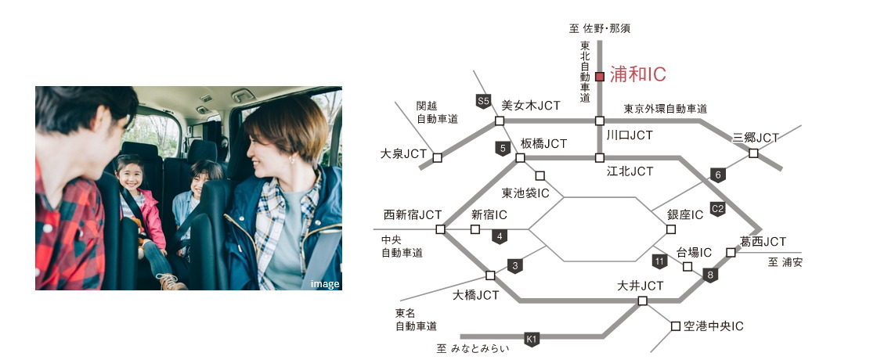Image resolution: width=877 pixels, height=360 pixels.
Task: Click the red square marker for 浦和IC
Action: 600,77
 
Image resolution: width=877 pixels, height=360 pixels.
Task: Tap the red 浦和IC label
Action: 637,75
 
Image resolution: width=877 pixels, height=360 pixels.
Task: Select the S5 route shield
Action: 483,100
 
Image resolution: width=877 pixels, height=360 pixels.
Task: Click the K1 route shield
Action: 532,339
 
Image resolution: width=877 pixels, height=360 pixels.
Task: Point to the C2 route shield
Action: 717,208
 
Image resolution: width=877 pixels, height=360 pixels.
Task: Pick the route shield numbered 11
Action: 660,260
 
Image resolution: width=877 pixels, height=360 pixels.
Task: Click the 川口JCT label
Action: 629,135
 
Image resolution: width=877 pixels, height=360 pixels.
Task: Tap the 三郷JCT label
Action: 756,138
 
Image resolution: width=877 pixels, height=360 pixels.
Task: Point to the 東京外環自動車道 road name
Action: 665,109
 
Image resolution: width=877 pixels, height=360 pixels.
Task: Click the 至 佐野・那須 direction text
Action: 599,29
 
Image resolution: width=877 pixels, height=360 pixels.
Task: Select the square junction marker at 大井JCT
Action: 642,301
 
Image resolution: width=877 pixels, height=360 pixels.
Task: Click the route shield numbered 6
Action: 718,175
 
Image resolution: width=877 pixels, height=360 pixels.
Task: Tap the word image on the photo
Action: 325,284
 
